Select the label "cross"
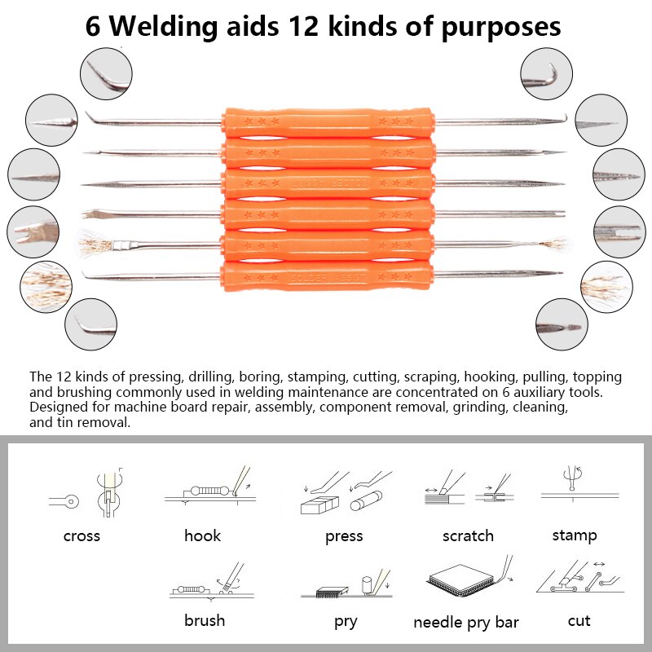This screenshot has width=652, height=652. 81,535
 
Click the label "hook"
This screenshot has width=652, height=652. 202,535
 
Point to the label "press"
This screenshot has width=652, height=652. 343,536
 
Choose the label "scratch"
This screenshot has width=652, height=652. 468,535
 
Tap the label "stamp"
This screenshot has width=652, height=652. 574,535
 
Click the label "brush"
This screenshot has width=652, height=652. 204,620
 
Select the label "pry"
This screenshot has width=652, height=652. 346,622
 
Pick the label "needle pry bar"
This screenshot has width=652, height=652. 465,623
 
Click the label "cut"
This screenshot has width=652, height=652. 579,621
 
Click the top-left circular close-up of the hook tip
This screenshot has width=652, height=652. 106,74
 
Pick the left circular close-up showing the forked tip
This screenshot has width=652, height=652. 33,231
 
